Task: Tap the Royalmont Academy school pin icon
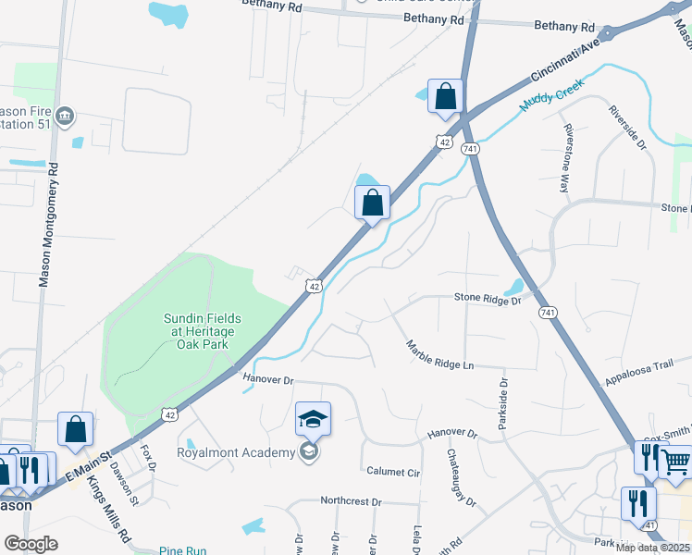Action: pos(314,419)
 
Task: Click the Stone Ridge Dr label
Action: pos(488,299)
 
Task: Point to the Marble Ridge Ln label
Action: pos(439,354)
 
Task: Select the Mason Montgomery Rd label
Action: pos(46,225)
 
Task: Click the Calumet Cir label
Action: pos(393,472)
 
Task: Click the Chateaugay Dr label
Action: pos(462,478)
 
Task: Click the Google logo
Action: pos(31,544)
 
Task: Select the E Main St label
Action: pos(86,463)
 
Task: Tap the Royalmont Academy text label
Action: pos(237,452)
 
